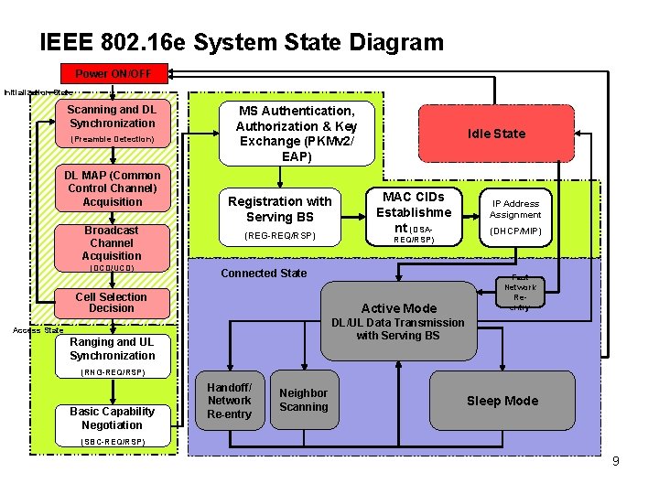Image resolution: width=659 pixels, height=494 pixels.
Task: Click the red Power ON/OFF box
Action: pyautogui.click(x=113, y=73)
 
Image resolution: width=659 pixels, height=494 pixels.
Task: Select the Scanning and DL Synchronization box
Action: pyautogui.click(x=112, y=123)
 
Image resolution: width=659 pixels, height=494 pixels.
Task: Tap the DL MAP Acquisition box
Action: pyautogui.click(x=112, y=188)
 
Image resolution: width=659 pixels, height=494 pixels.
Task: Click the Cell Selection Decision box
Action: pyautogui.click(x=112, y=303)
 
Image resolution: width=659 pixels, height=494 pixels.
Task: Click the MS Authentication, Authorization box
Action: pyautogui.click(x=297, y=134)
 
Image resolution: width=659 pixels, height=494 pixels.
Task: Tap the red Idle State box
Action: pyautogui.click(x=496, y=134)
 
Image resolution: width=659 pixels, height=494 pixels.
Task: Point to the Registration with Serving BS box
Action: pyautogui.click(x=280, y=217)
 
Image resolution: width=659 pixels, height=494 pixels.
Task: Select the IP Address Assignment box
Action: pyautogui.click(x=516, y=218)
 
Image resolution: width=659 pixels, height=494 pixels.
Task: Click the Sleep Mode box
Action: pyautogui.click(x=502, y=401)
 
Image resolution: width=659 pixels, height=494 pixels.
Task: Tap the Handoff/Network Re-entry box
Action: pyautogui.click(x=229, y=401)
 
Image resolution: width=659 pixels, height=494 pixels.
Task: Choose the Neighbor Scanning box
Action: pyautogui.click(x=303, y=401)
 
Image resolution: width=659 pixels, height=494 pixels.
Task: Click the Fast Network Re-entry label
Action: pyautogui.click(x=519, y=293)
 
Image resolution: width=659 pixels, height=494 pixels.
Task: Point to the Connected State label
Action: pyautogui.click(x=264, y=274)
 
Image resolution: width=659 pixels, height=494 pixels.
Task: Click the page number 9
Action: pyautogui.click(x=615, y=461)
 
